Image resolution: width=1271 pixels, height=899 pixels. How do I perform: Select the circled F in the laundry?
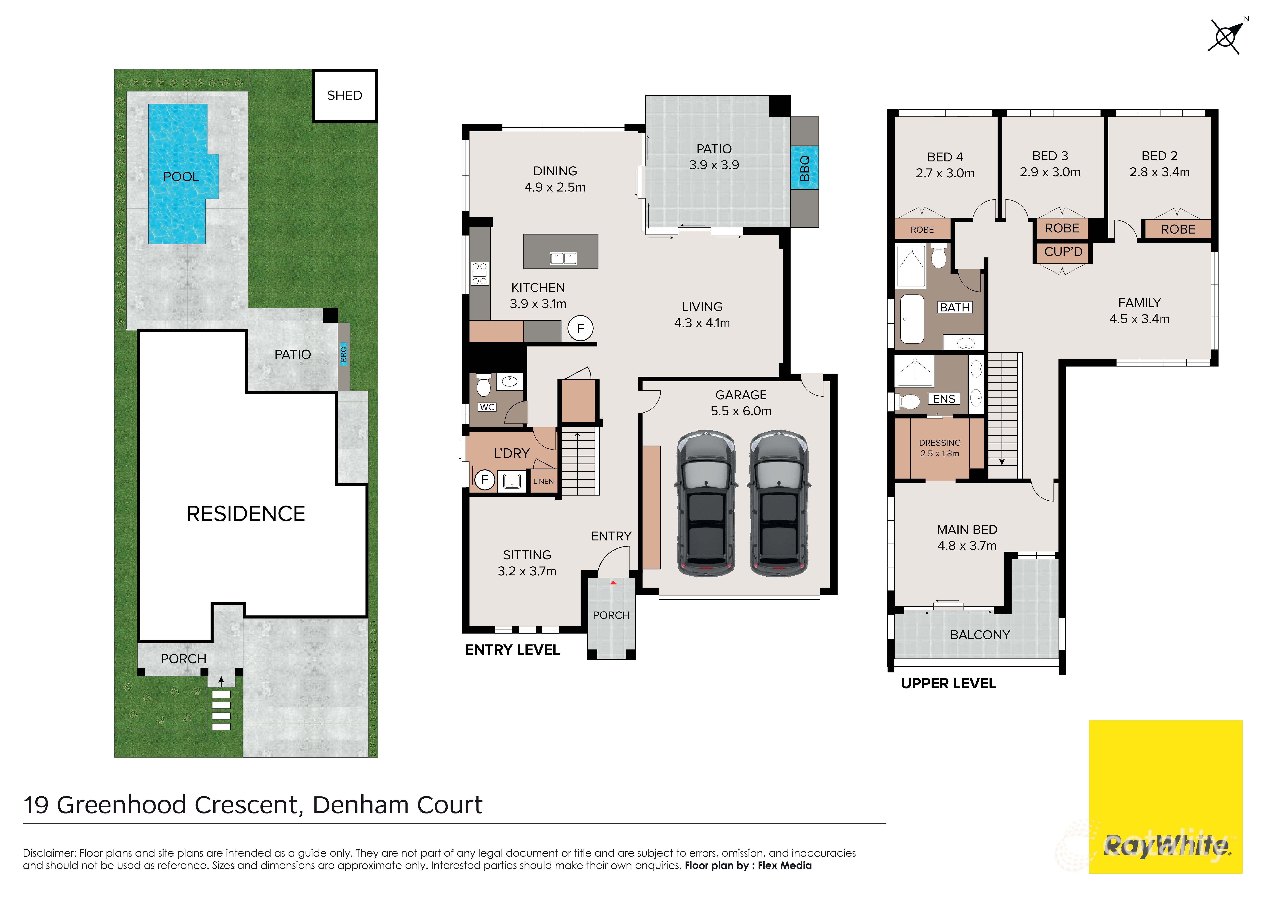485,479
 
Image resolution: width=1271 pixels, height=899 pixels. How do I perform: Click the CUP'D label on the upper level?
1063,252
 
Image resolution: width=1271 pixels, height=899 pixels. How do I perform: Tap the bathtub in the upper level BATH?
912,319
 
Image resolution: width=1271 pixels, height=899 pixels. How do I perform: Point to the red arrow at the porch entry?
613,582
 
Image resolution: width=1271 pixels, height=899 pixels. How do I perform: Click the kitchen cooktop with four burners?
479,273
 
